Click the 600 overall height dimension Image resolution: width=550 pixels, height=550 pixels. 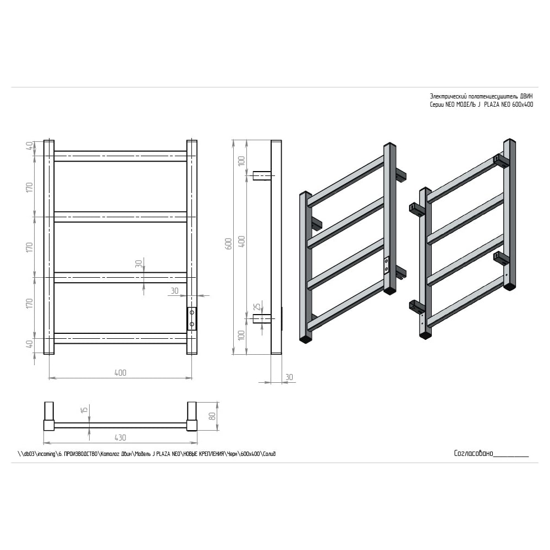(228, 244)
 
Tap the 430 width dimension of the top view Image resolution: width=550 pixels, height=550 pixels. (120, 438)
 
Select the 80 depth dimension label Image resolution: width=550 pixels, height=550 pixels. (212, 416)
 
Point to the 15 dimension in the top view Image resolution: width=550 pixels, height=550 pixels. (84, 410)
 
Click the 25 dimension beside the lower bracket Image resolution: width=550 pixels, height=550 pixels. (257, 306)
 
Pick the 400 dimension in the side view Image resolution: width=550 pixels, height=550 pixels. (241, 241)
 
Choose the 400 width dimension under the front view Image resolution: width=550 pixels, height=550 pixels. (120, 372)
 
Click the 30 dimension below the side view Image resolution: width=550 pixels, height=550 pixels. (289, 377)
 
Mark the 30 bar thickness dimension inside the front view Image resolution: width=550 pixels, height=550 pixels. (139, 263)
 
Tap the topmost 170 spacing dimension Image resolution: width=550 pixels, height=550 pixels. (30, 187)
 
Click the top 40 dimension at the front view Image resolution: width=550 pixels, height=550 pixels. (30, 145)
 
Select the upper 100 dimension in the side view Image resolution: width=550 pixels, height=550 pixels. (241, 161)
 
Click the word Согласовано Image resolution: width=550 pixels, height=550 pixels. (474, 453)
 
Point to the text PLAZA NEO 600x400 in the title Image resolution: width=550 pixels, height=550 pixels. (509, 105)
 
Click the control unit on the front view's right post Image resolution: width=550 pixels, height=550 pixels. (192, 319)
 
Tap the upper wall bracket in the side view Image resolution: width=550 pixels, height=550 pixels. (262, 175)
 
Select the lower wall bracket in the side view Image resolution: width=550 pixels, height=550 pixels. (262, 318)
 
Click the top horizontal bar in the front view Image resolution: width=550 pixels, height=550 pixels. (120, 156)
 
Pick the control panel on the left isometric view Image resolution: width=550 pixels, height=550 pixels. (387, 265)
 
